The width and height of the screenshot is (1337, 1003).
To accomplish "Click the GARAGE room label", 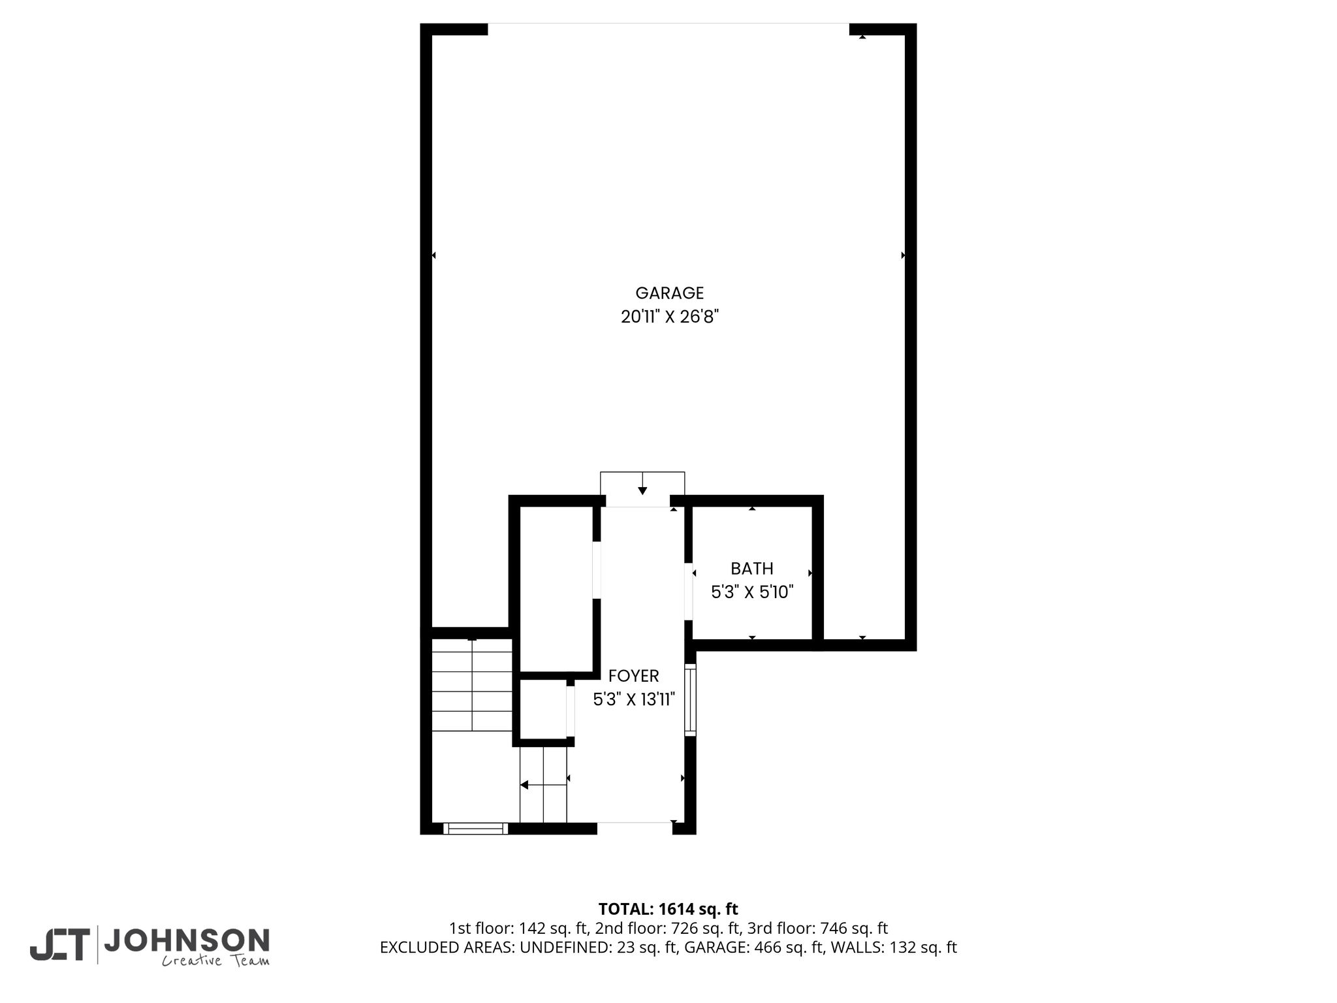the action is tap(669, 293).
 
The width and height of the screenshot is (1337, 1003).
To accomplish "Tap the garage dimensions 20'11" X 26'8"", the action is tap(669, 317).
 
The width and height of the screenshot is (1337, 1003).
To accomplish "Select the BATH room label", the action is tap(752, 569).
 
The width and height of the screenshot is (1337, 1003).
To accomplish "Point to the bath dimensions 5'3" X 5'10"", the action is tap(752, 592).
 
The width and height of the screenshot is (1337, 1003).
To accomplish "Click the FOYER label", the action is tap(633, 676).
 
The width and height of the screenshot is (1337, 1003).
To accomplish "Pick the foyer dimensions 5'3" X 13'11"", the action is tap(633, 699).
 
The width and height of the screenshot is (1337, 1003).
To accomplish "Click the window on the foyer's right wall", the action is tap(690, 700).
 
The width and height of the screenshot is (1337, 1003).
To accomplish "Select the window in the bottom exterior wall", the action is tap(475, 829).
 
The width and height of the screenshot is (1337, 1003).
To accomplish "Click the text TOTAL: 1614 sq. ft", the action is tap(668, 909).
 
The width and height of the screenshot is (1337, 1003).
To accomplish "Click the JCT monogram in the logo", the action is tap(59, 944).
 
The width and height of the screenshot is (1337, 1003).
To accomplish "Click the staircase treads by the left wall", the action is tap(472, 686).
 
